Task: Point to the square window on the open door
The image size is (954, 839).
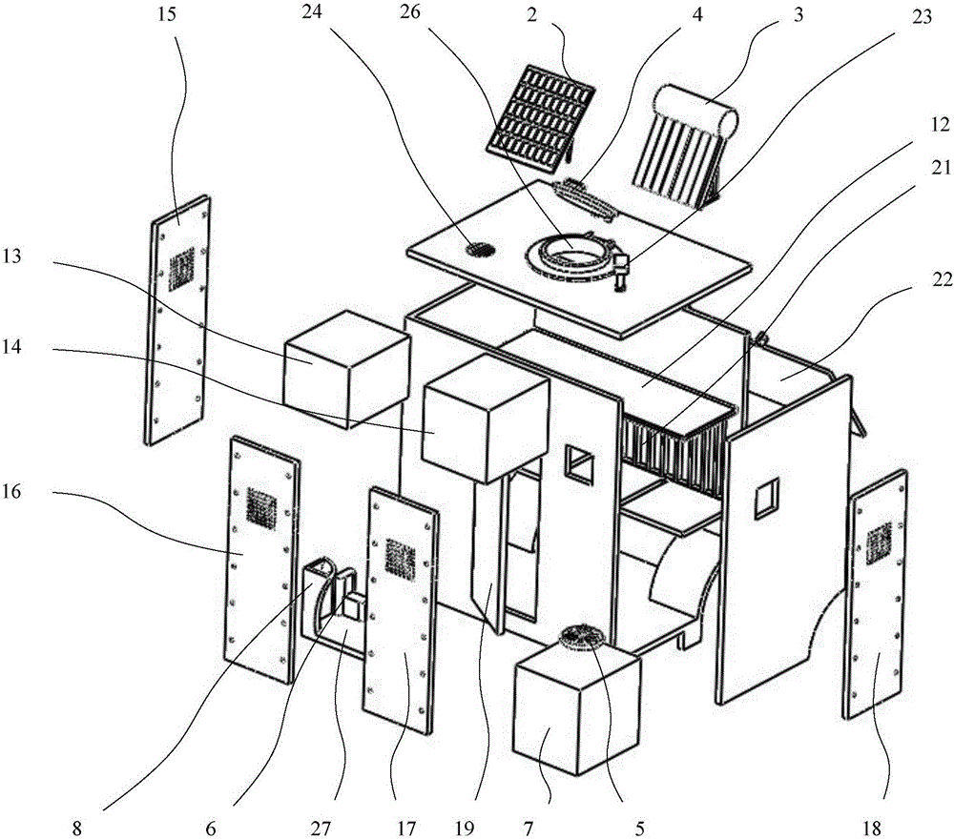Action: tap(766, 498)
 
